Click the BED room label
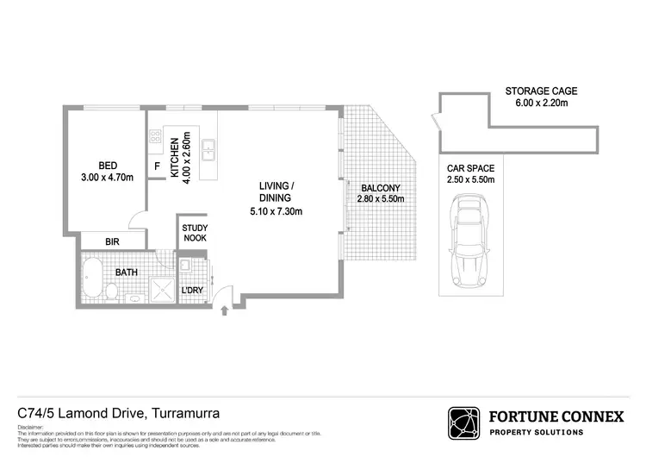coord(108,166)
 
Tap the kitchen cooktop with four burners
coord(156,137)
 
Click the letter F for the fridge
coord(157,166)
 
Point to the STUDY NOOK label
coord(193,234)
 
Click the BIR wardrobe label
coord(112,242)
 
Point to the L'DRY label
coord(191,291)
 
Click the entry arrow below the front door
coord(226,309)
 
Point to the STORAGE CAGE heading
coord(541,91)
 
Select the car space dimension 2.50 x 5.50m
coord(469,180)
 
